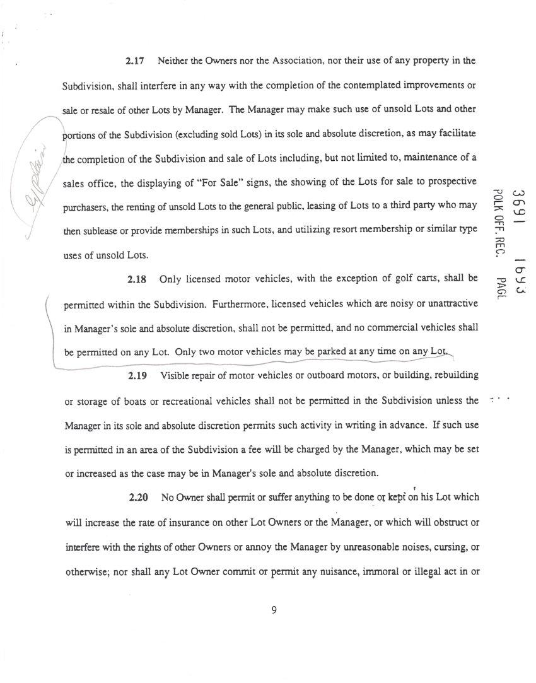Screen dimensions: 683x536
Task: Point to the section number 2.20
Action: point(138,498)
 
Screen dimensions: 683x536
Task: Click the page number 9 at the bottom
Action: point(274,609)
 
